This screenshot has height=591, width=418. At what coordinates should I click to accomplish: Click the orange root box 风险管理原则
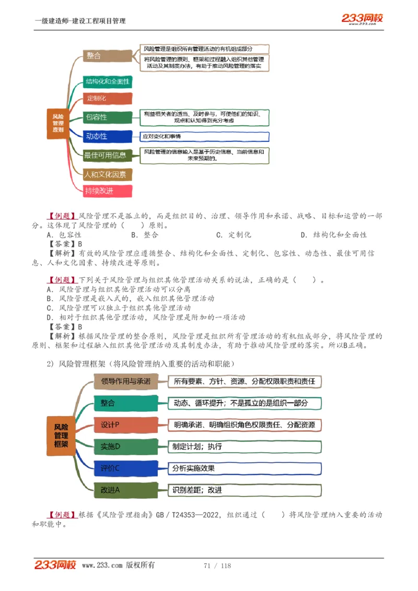[59, 122]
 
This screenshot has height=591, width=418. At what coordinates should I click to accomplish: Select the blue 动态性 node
[107, 136]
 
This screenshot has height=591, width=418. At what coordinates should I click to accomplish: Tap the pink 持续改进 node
[107, 191]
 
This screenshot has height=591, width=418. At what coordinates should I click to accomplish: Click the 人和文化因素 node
[107, 174]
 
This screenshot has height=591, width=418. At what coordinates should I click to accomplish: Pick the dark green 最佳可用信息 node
[107, 155]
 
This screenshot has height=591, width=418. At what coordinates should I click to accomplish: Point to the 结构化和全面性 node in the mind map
[107, 81]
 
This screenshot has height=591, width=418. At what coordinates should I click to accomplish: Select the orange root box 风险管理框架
[61, 435]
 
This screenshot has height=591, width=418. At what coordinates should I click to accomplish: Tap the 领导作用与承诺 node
[125, 381]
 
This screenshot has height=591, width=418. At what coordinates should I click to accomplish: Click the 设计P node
[125, 424]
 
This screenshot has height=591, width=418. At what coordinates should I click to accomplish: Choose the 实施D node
[125, 446]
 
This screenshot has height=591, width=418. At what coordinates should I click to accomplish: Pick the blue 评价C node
[125, 468]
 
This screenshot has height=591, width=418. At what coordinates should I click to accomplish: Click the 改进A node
[125, 490]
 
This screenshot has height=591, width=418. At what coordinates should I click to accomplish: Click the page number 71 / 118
[217, 565]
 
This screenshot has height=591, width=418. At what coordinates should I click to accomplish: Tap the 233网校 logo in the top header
[362, 19]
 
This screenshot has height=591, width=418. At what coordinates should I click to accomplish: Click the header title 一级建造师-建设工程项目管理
[80, 21]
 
